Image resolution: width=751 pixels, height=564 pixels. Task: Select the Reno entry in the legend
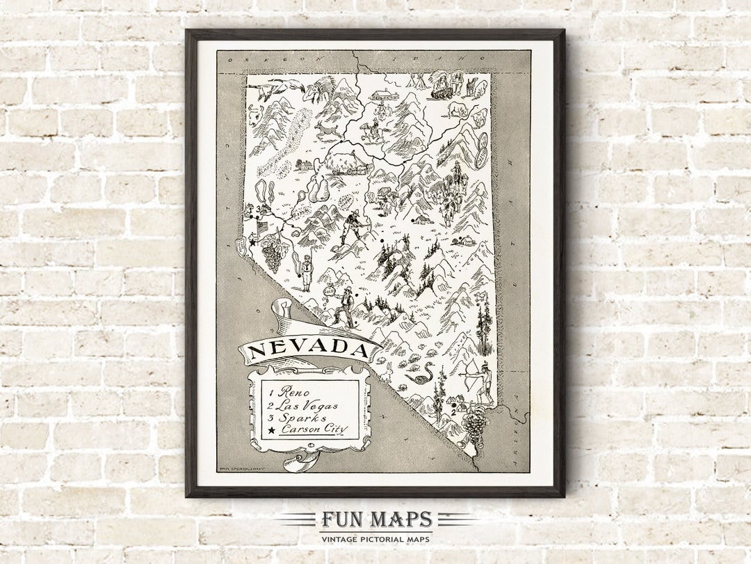pyautogui.click(x=293, y=393)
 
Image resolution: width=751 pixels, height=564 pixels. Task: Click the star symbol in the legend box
pyautogui.click(x=270, y=430)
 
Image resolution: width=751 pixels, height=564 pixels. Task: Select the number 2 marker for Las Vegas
pyautogui.click(x=453, y=412)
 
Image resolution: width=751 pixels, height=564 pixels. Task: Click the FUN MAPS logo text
pyautogui.click(x=375, y=519)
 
